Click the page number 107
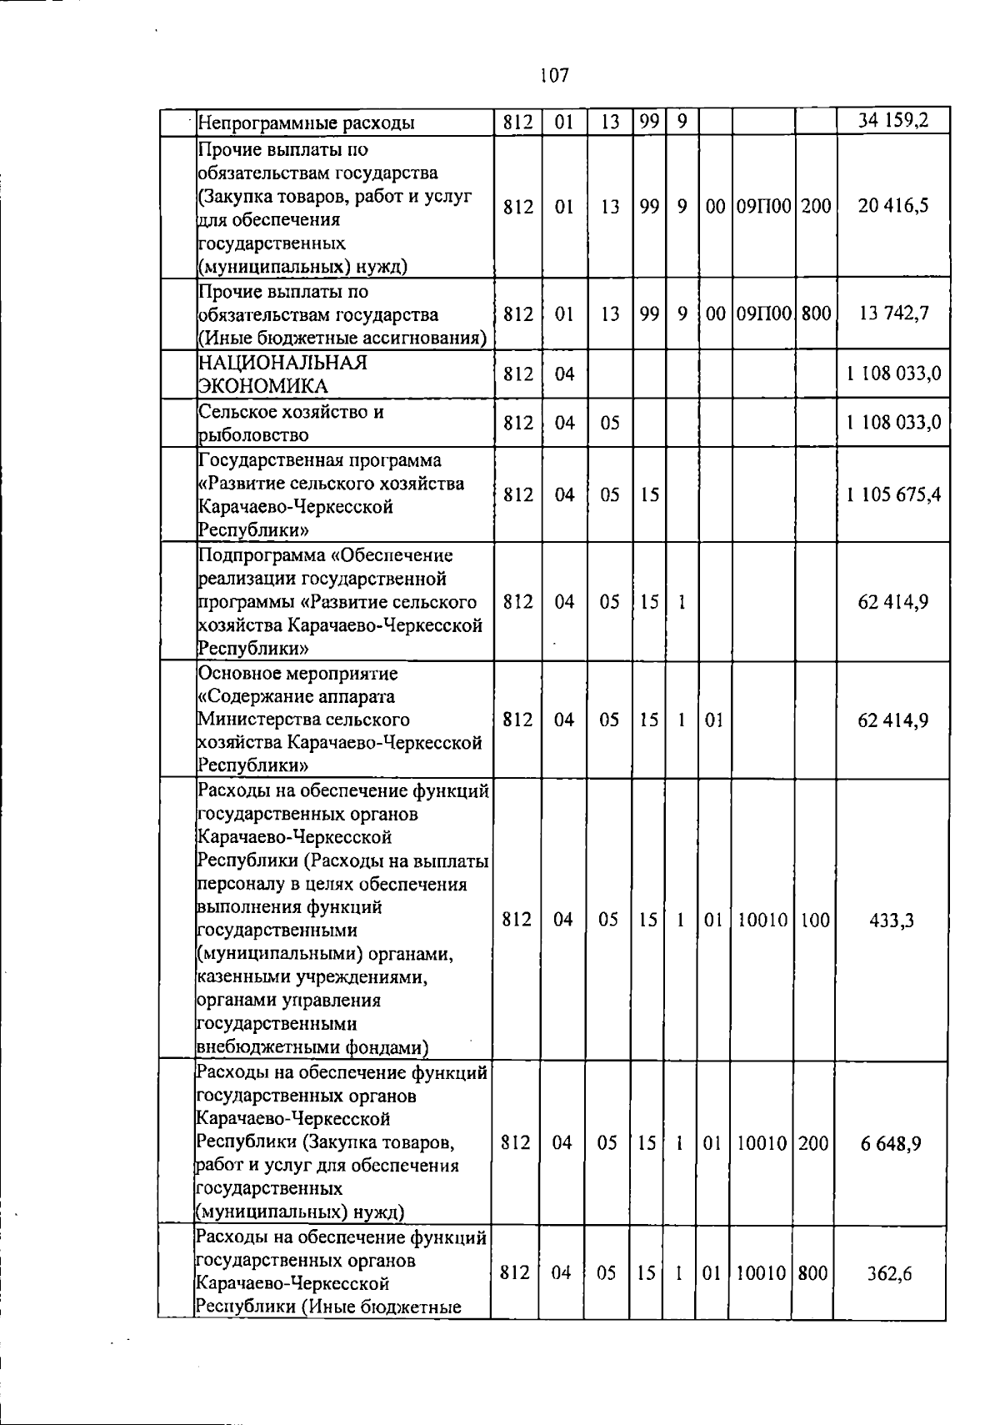click(x=553, y=76)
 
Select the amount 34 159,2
click(x=893, y=122)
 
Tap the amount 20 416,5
click(x=893, y=206)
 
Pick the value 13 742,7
click(x=893, y=314)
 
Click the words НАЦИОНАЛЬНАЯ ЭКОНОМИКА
click(x=282, y=374)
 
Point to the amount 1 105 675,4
click(x=893, y=494)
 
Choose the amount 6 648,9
click(x=891, y=1142)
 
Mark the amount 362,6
click(x=889, y=1273)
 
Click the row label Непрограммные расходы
click(x=306, y=124)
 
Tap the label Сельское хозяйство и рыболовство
click(x=290, y=423)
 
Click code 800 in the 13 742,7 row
click(x=816, y=314)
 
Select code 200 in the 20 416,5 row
click(x=816, y=206)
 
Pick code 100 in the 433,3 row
click(x=815, y=920)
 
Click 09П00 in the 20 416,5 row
click(x=763, y=206)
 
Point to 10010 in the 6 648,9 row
click(x=762, y=1142)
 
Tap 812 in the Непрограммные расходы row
click(x=518, y=123)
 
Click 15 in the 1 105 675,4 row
click(x=650, y=494)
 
